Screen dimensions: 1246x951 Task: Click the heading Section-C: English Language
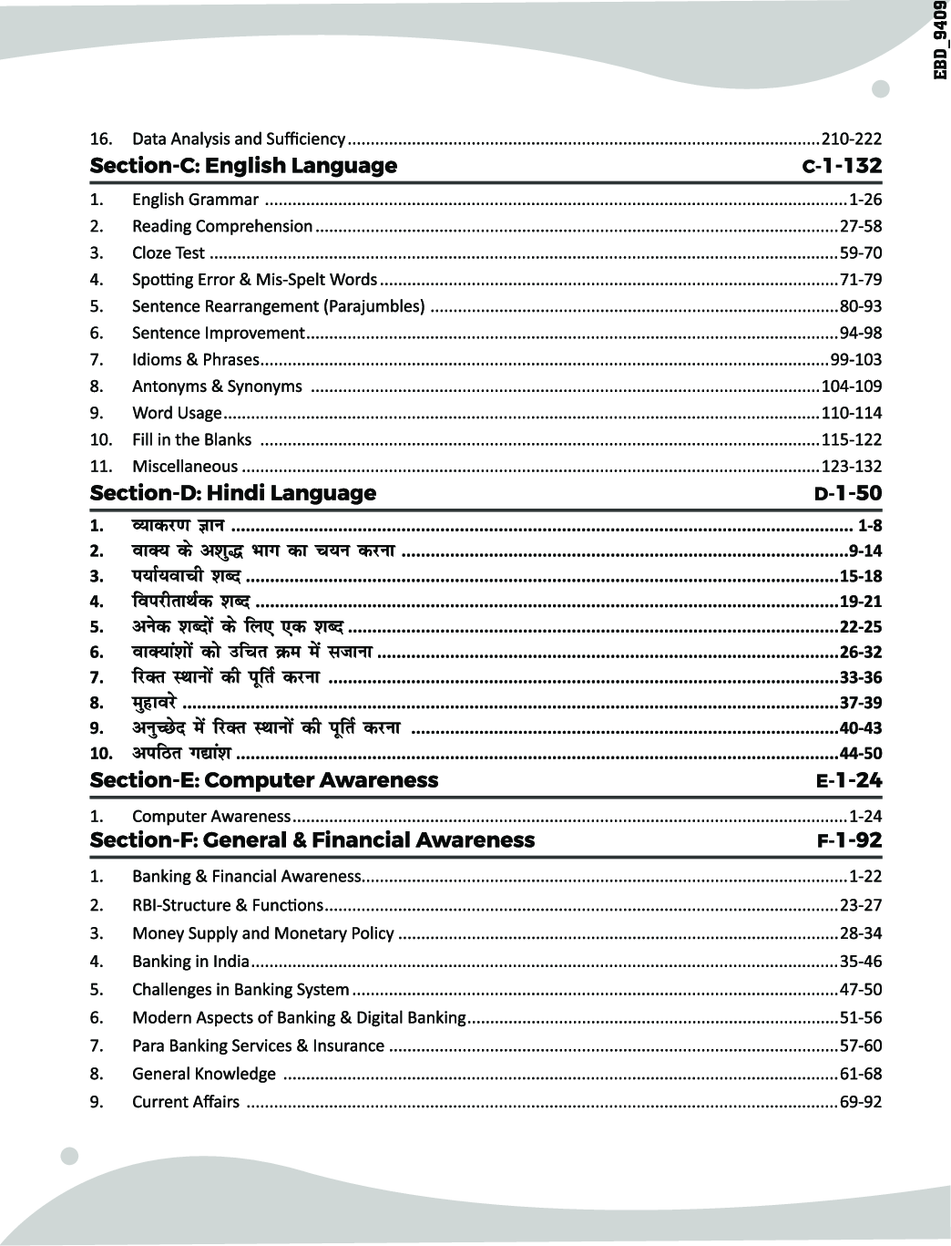pos(243,166)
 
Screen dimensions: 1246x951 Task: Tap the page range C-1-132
pos(842,166)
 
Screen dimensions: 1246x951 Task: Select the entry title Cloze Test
pos(169,252)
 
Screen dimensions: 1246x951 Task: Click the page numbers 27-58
pos(861,226)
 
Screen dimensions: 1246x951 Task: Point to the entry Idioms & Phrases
pos(195,359)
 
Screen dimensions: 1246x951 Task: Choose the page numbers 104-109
pos(852,386)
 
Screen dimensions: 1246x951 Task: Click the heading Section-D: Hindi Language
pos(233,493)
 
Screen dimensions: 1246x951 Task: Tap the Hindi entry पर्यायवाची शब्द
pos(187,576)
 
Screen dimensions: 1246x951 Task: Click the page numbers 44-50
pos(861,753)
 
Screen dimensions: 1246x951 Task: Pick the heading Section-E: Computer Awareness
pos(264,780)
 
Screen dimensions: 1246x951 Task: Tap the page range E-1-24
pos(849,780)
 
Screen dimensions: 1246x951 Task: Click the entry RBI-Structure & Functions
pos(227,905)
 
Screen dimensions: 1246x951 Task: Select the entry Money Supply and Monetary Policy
pos(262,933)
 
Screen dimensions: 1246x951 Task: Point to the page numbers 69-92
pos(861,1102)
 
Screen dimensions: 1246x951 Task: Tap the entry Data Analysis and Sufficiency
pos(238,139)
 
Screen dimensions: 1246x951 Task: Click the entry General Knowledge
pos(203,1074)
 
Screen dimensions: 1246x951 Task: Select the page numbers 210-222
pos(852,139)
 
